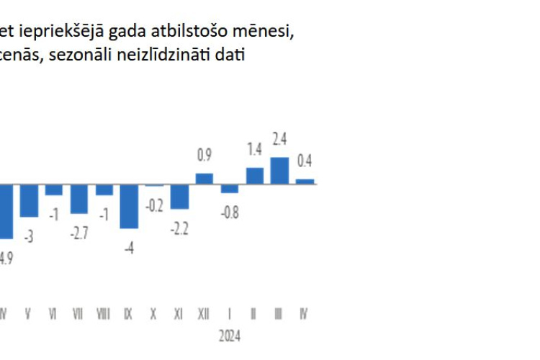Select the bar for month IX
tap(129, 206)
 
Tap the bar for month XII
tap(204, 178)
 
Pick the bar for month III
tap(279, 170)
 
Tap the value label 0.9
tap(204, 155)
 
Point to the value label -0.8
tap(230, 211)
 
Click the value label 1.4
tap(254, 150)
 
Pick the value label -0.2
tap(154, 204)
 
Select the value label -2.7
tap(79, 232)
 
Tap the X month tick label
tap(154, 314)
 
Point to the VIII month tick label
tap(104, 314)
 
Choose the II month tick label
tap(254, 314)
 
